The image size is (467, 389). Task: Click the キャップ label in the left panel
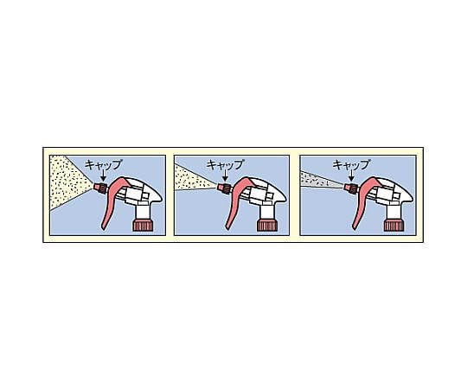coord(104,163)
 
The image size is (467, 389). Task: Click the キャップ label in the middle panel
coord(226,163)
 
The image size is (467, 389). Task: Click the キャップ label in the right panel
coord(351,163)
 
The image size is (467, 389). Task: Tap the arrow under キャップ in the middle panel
coord(225,176)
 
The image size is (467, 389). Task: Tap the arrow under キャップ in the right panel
coord(351,176)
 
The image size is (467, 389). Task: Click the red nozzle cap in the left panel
coord(101,187)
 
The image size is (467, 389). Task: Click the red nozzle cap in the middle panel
coord(225,187)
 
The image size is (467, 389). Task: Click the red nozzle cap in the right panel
coord(350,187)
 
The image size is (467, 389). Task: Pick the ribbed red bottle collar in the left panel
coord(143,226)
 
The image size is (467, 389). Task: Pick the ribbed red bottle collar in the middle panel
coord(267,226)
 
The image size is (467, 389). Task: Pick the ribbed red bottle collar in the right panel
coord(392,226)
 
